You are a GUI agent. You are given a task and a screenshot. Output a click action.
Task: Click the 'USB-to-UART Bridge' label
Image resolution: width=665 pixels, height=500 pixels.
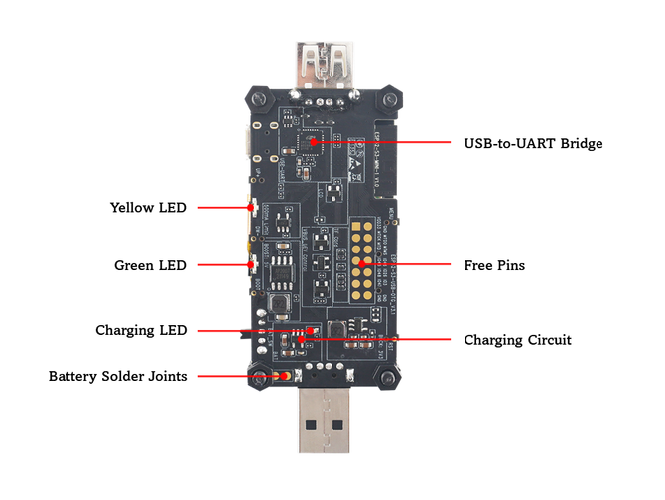(x=533, y=143)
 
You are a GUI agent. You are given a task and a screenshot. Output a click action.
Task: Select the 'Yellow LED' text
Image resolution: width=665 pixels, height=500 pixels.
(x=147, y=207)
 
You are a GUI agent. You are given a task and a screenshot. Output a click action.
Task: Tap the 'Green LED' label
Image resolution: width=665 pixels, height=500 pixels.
(x=150, y=265)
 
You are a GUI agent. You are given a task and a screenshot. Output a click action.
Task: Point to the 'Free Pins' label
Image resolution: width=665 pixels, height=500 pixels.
(x=494, y=265)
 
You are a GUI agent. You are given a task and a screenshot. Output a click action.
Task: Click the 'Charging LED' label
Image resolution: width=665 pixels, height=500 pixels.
(x=141, y=330)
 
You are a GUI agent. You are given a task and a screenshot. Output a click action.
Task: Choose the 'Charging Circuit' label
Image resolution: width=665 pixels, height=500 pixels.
(x=517, y=340)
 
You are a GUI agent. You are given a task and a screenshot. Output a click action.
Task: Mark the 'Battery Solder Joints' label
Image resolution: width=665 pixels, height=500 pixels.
(x=118, y=376)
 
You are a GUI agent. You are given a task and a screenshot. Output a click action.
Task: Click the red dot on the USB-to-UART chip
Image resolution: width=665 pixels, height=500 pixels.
(x=315, y=142)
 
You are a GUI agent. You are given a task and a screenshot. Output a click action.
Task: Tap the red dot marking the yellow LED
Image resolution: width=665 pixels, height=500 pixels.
(x=251, y=207)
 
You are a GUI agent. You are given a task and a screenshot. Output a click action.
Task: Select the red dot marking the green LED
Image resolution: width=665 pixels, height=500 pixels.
(x=251, y=265)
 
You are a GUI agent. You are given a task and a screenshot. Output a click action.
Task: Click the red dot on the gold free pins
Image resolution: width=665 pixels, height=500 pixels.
(x=363, y=265)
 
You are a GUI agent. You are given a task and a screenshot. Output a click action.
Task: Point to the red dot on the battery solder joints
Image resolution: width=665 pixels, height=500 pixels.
(x=285, y=376)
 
